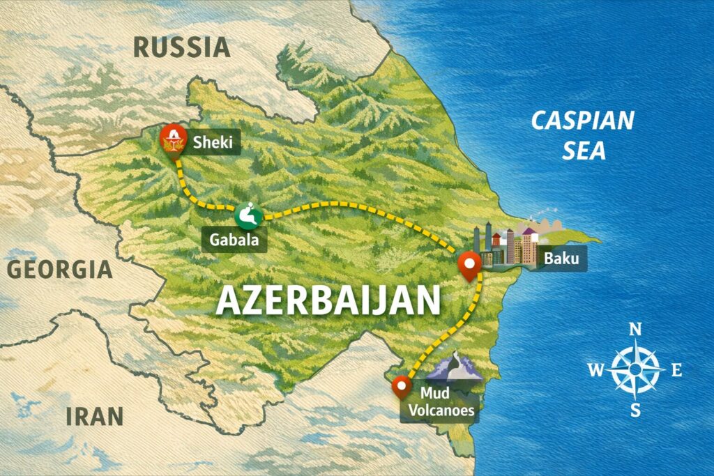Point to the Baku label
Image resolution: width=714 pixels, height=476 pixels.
pyautogui.click(x=561, y=260)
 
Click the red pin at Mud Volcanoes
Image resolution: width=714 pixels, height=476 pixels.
pyautogui.click(x=401, y=385)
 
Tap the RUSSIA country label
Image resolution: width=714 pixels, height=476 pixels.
pyautogui.click(x=181, y=47)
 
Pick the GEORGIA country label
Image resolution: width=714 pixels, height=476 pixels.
pyautogui.click(x=59, y=269)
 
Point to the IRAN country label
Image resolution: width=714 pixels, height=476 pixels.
pyautogui.click(x=95, y=416)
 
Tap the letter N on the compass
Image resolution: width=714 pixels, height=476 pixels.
pyautogui.click(x=635, y=330)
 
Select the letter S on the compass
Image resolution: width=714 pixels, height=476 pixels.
pyautogui.click(x=635, y=410)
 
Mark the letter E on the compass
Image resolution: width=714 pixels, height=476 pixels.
pyautogui.click(x=676, y=370)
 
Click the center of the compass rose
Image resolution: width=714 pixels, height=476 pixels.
pyautogui.click(x=635, y=369)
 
